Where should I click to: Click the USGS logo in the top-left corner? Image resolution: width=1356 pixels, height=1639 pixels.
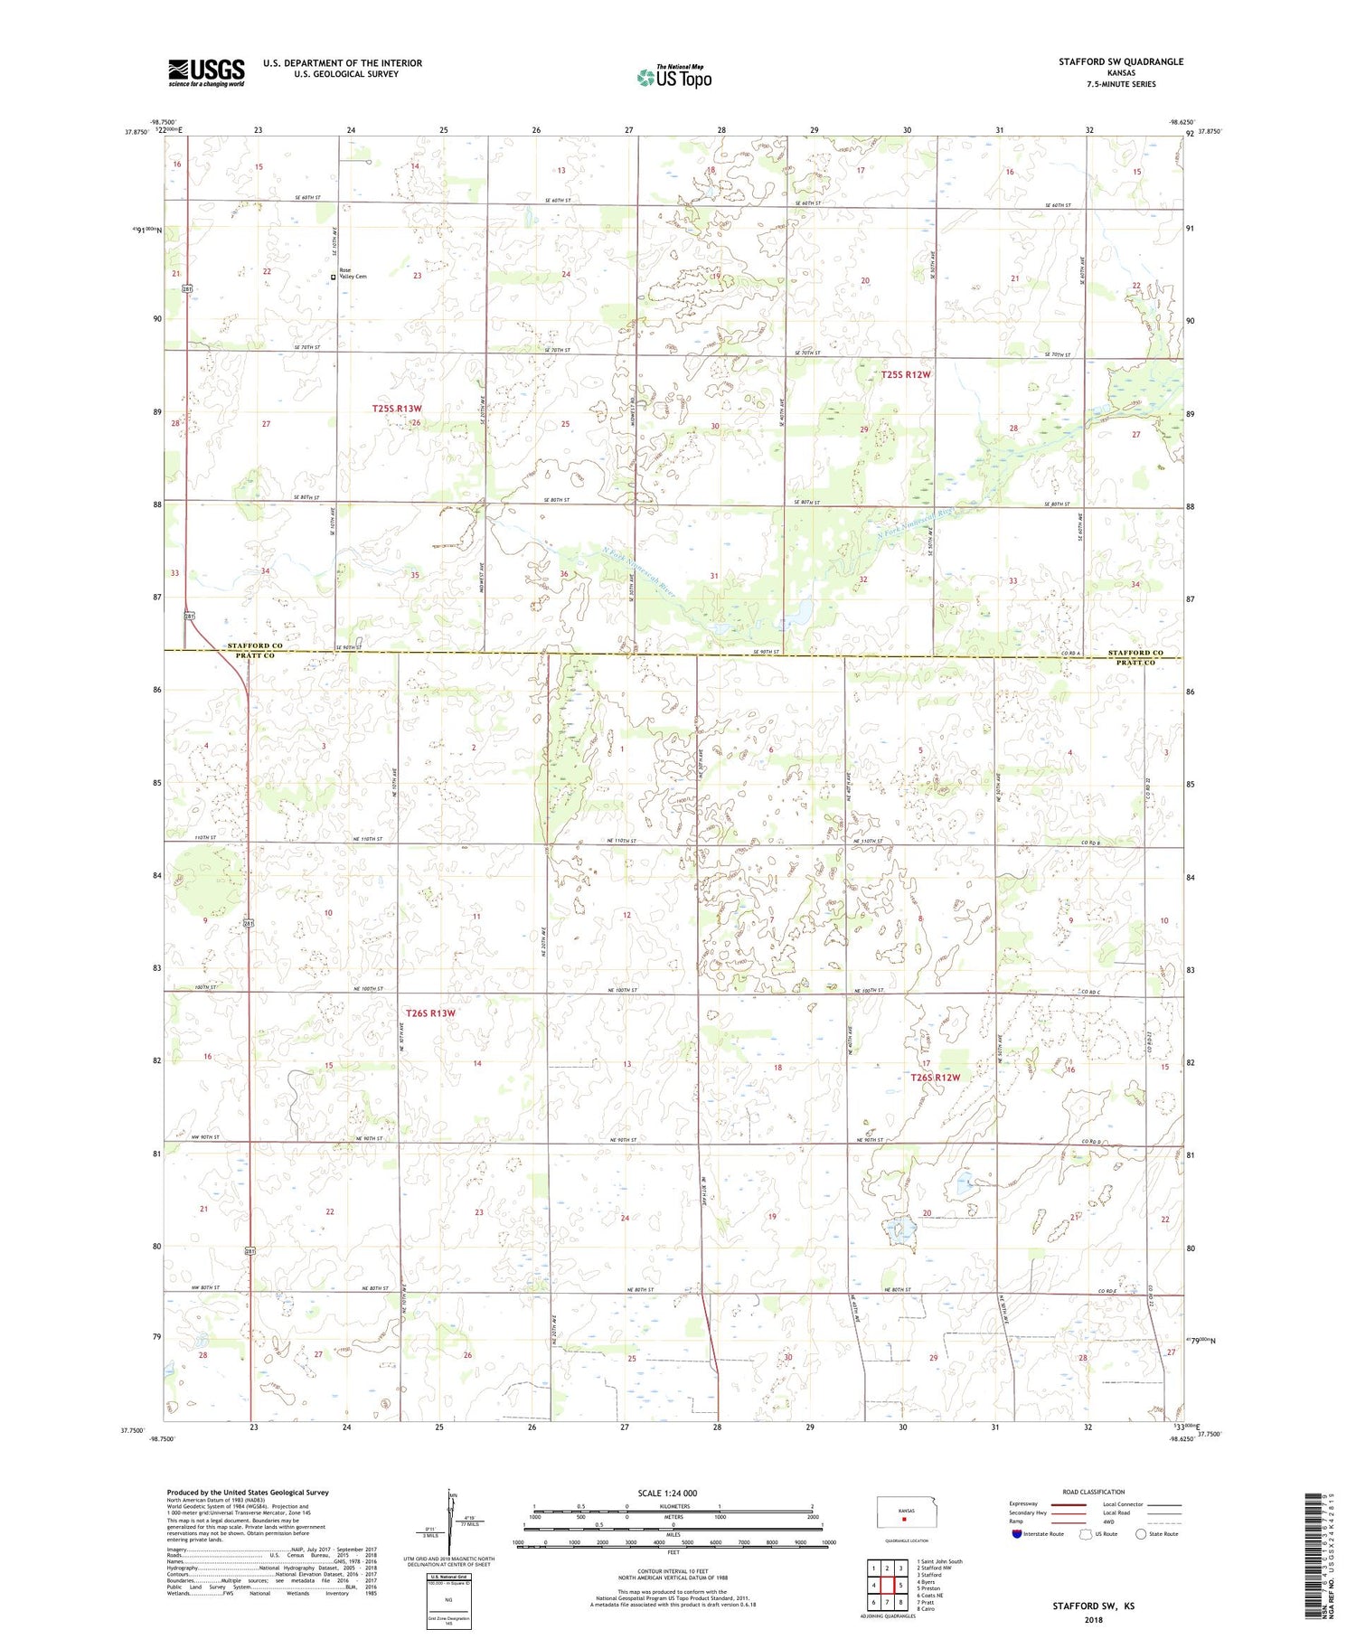click(x=206, y=72)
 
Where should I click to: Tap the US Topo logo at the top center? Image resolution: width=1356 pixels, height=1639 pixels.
click(x=673, y=78)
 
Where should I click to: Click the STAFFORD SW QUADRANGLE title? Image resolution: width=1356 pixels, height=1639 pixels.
click(x=1120, y=61)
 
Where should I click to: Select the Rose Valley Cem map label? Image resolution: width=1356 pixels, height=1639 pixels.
click(x=353, y=274)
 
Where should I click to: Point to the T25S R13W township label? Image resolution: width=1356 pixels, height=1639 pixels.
click(x=397, y=409)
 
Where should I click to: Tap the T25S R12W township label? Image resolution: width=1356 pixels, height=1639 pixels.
click(x=905, y=374)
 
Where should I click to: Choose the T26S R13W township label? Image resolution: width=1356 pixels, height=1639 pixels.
click(x=430, y=1013)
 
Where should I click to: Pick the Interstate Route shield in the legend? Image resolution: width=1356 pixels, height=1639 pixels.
click(x=1017, y=1534)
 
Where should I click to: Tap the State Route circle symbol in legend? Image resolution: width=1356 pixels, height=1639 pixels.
click(x=1142, y=1534)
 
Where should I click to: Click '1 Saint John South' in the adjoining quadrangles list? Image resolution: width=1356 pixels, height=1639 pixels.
click(x=939, y=1561)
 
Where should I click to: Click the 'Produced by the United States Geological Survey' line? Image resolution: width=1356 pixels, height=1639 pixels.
click(x=248, y=1493)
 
